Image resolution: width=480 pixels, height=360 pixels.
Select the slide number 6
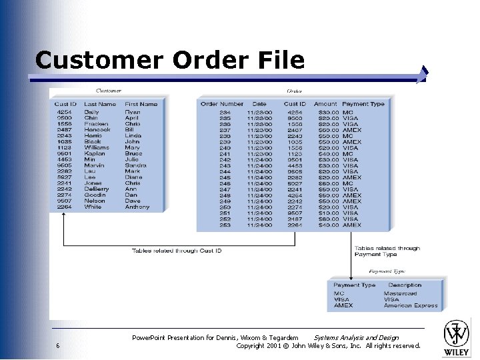coord(58,345)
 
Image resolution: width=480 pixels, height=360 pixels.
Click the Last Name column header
coord(100,104)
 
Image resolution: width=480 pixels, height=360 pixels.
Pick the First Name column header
coord(141,104)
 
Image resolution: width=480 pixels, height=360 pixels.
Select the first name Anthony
coord(137,207)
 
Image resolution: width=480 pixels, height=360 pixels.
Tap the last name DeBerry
coord(96,189)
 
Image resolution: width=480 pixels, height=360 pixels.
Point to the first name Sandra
coord(135,165)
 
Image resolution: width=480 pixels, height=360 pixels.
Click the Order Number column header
coord(222,104)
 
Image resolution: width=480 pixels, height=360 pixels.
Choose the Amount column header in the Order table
coord(325,104)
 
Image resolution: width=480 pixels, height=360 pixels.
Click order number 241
coord(225,154)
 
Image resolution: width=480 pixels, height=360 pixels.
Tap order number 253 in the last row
coord(225,225)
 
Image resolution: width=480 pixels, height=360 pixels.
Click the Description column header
coord(405,285)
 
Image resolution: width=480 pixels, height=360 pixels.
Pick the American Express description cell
coord(411,305)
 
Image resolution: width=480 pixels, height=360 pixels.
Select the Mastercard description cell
coord(401,293)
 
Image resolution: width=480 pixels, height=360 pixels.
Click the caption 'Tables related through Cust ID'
coord(176,251)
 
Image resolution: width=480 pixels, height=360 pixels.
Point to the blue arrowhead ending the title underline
coord(424,73)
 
